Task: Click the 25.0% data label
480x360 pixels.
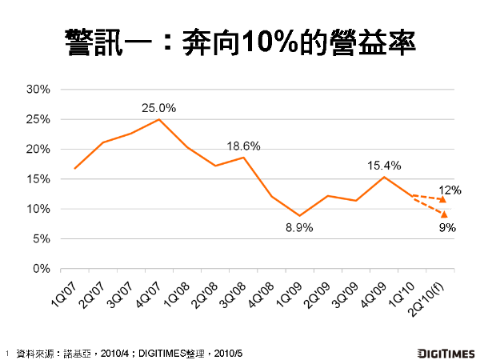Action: [x=158, y=107]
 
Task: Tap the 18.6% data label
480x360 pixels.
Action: [x=243, y=146]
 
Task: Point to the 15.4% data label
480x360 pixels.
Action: [x=384, y=166]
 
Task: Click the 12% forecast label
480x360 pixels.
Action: [x=448, y=190]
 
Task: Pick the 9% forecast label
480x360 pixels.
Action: [x=447, y=227]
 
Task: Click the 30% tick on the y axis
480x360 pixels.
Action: [x=38, y=90]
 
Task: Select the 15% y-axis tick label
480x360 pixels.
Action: [x=38, y=179]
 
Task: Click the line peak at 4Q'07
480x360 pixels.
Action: [x=158, y=119]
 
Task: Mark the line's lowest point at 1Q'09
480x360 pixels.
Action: [x=299, y=216]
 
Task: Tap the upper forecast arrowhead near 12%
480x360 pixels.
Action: [x=442, y=198]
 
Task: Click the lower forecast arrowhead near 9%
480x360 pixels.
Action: [x=442, y=214]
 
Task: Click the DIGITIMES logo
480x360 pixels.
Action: [x=445, y=351]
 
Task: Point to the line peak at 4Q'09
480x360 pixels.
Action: [x=384, y=177]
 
